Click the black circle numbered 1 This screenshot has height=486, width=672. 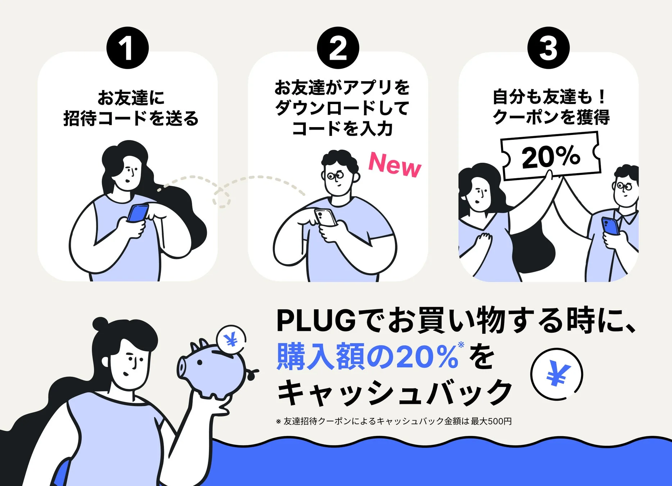127,48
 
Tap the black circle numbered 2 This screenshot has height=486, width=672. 338,48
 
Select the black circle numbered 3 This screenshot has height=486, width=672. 548,48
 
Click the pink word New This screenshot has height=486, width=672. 395,165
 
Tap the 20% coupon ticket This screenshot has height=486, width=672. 550,156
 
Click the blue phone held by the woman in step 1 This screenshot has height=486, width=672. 138,213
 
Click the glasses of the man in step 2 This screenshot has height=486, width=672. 335,176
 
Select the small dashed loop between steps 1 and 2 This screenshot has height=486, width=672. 222,198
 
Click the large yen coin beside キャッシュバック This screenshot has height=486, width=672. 557,374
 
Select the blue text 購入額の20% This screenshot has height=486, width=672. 367,357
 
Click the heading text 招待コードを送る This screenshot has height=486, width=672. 131,118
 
